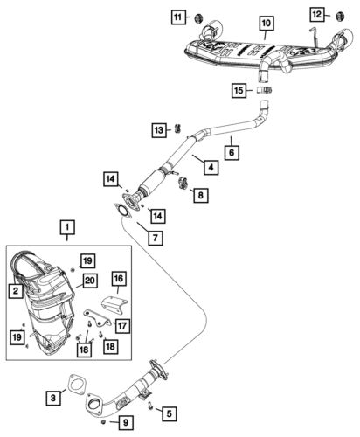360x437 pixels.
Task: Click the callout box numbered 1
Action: click(66, 230)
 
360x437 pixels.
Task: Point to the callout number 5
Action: click(170, 413)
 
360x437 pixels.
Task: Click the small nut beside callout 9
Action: click(105, 423)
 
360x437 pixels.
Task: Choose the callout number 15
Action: click(239, 89)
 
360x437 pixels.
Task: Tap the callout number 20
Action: click(88, 280)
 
